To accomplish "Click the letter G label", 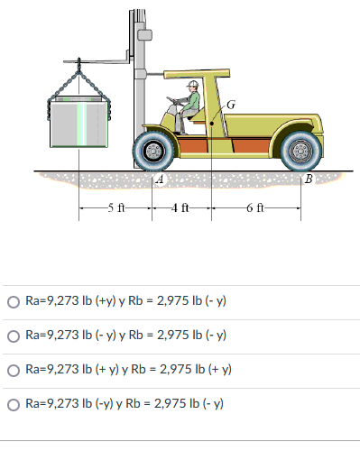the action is tap(231, 105).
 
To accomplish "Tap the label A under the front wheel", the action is tap(161, 179).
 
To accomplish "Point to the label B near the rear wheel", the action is tap(309, 179).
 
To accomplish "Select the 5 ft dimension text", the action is tap(116, 207).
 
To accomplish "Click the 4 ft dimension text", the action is tap(180, 207).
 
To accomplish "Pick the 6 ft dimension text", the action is tap(255, 207).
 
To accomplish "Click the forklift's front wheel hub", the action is tap(153, 151).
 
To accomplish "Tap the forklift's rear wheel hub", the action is tap(300, 151).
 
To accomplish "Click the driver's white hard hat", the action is tap(192, 84).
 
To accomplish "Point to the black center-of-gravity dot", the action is tap(212, 124).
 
